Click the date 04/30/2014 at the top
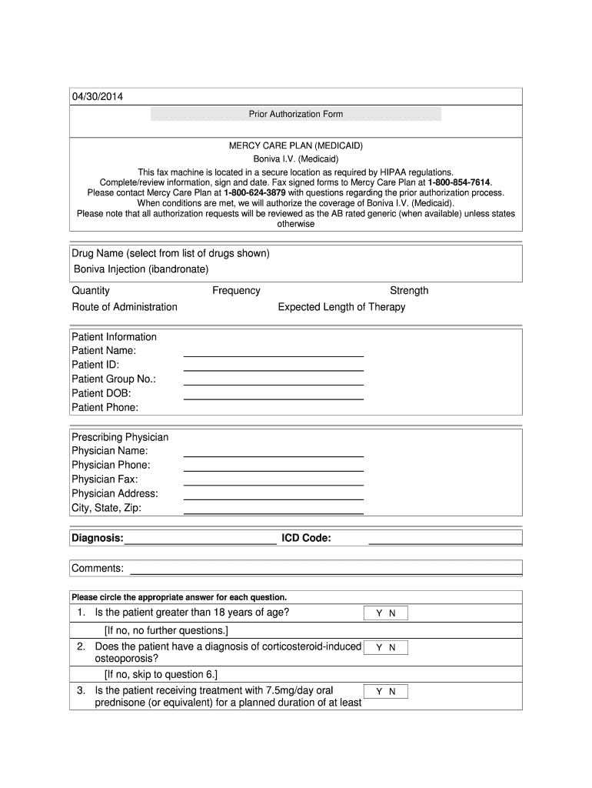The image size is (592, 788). [96, 96]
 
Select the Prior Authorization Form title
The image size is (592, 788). [296, 114]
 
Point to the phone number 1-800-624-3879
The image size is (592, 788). [254, 192]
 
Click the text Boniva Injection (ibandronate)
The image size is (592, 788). [141, 269]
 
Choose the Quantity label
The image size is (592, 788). [91, 290]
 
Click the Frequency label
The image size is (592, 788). [236, 290]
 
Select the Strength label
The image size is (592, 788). [409, 290]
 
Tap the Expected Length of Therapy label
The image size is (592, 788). [341, 306]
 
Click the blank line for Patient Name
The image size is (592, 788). [273, 355]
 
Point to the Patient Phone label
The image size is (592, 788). [105, 407]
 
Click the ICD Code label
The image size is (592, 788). [306, 538]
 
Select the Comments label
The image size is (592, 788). [98, 568]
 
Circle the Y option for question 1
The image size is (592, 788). [378, 613]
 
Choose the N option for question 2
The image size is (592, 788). [392, 648]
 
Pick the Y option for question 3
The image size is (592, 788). [378, 692]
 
